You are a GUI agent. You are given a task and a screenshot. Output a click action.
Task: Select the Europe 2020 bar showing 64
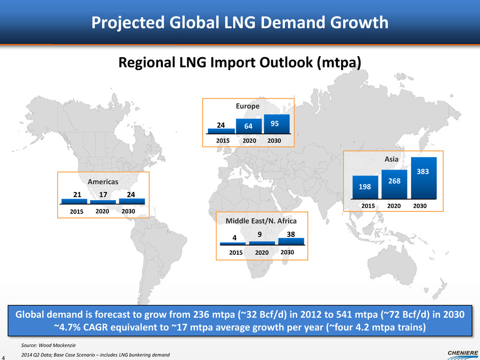coord(248,126)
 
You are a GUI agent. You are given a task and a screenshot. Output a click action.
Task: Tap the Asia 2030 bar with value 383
coord(423,177)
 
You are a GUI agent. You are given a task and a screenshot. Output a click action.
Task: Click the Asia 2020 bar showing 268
coord(394,183)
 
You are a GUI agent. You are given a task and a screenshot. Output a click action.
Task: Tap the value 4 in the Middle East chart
coord(234,237)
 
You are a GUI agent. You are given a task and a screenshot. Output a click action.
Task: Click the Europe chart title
coord(248,107)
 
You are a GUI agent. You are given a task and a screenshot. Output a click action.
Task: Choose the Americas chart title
coord(102,181)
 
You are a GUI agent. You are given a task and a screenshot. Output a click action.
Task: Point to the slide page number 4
coord(4,356)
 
